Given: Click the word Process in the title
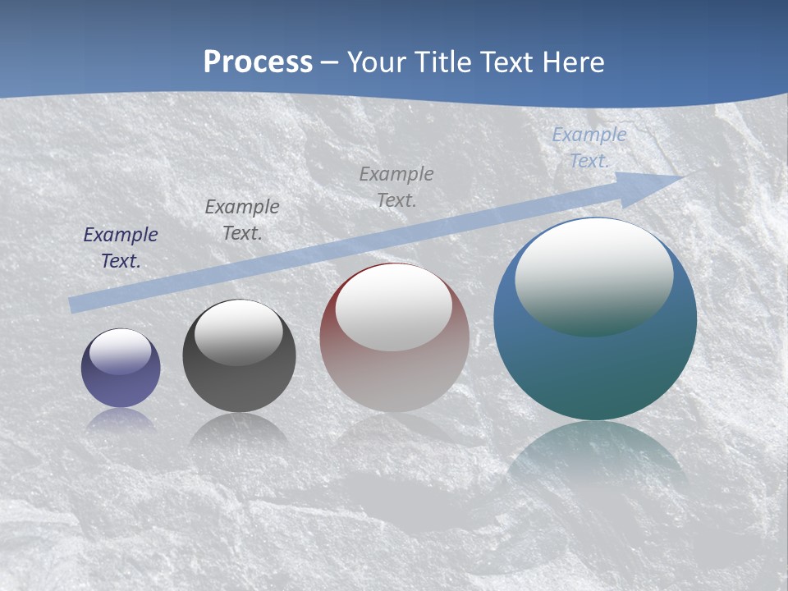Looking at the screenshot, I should (x=258, y=62).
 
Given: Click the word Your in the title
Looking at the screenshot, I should (x=377, y=62).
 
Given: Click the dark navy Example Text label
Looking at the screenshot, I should (x=121, y=247).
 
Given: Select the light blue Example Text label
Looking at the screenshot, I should (x=589, y=147).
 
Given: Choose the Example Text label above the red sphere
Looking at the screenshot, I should (x=396, y=186).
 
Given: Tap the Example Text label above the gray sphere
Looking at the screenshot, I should (x=242, y=219).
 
